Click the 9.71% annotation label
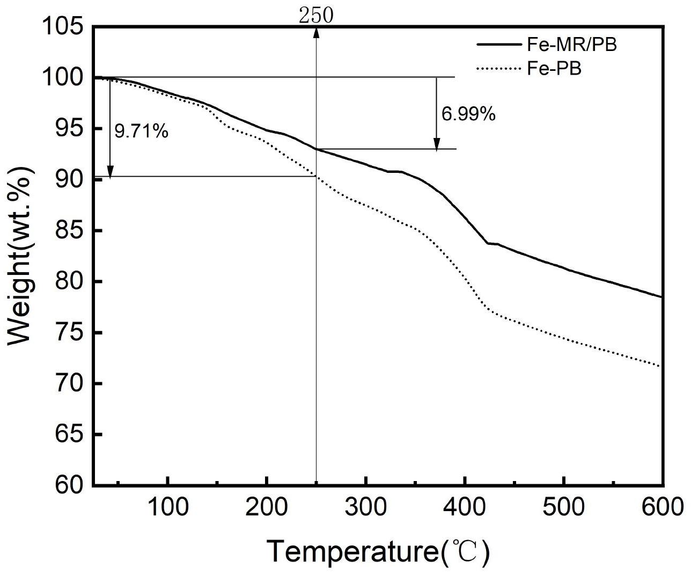tap(142, 130)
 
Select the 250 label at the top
tap(316, 16)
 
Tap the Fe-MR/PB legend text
tap(572, 45)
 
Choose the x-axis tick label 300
tap(366, 507)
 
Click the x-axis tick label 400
tap(465, 507)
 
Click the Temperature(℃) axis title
tap(378, 551)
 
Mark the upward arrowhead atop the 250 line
tap(317, 32)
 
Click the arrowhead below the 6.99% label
tap(437, 143)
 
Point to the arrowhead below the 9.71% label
tap(110, 171)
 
